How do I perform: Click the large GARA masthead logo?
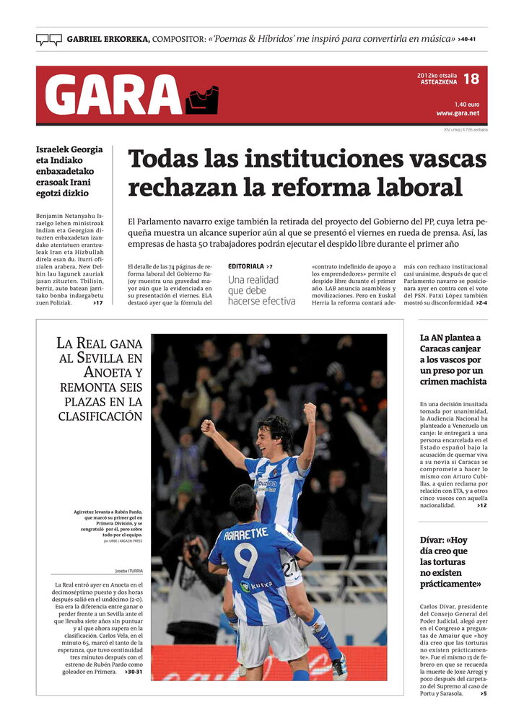pos(113,95)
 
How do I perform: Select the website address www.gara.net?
pos(458,113)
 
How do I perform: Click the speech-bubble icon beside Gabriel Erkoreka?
pos(48,40)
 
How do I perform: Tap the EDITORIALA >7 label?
pos(250,267)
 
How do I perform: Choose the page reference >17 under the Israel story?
pos(97,303)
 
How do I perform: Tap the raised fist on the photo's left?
pos(208,428)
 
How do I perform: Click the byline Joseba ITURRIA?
pos(128,570)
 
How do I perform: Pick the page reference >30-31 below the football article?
pos(134,672)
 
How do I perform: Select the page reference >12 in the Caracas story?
pos(482,505)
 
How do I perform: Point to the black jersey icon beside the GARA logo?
pos(201,100)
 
